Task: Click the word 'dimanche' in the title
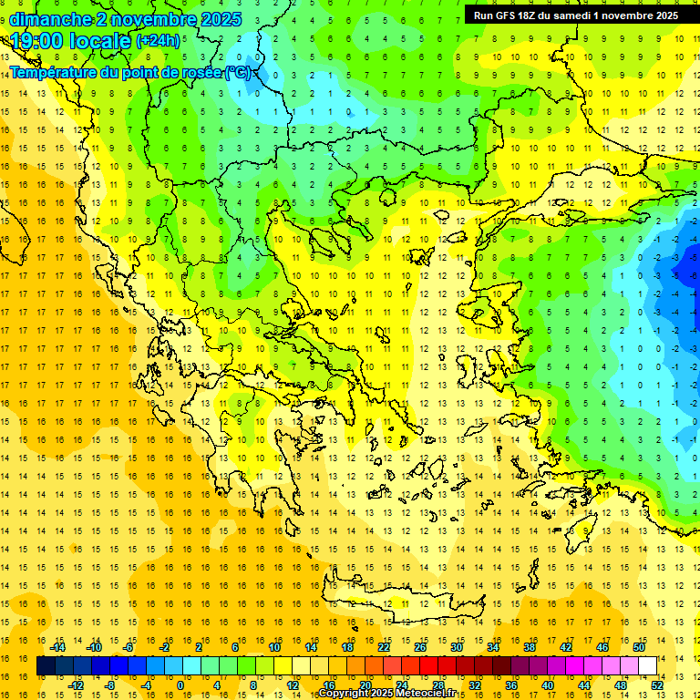pyautogui.click(x=49, y=19)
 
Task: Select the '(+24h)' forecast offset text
pyautogui.click(x=158, y=41)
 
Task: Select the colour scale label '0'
pyautogui.click(x=180, y=685)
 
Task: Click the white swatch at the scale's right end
pyautogui.click(x=647, y=666)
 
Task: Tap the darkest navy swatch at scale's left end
pyautogui.click(x=46, y=666)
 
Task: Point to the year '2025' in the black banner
pyautogui.click(x=660, y=15)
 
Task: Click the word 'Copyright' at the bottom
pyautogui.click(x=345, y=694)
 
